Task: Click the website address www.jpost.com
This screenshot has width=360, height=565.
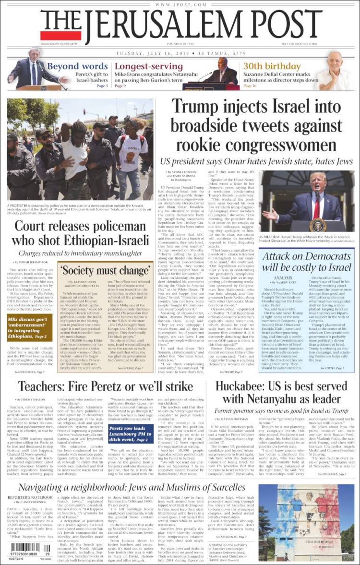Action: (x=180, y=5)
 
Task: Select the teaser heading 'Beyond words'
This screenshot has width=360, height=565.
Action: (x=77, y=66)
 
